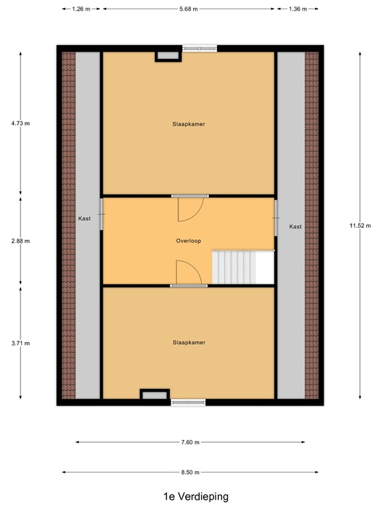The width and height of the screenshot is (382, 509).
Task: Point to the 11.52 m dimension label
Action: pyautogui.click(x=360, y=225)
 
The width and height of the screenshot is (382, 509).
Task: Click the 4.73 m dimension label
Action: pyautogui.click(x=21, y=123)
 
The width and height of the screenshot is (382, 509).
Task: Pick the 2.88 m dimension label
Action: pyautogui.click(x=21, y=241)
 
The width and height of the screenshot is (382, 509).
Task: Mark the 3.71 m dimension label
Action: pyautogui.click(x=21, y=343)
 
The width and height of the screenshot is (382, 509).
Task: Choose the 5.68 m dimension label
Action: pyautogui.click(x=190, y=9)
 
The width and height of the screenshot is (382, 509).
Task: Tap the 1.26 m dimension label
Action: pyautogui.click(x=82, y=9)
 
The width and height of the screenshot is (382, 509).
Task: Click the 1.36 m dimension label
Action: pyautogui.click(x=298, y=9)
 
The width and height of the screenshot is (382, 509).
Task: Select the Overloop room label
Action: pyautogui.click(x=188, y=242)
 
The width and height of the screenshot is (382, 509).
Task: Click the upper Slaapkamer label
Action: pyautogui.click(x=188, y=123)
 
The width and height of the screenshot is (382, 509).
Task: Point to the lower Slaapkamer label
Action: pyautogui.click(x=188, y=343)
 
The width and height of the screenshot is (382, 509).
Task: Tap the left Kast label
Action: pyautogui.click(x=84, y=217)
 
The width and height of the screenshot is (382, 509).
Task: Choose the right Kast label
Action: pyautogui.click(x=295, y=227)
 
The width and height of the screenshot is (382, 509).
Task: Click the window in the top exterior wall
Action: pyautogui.click(x=200, y=48)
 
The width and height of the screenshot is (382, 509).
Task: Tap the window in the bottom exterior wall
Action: pyautogui.click(x=188, y=402)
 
